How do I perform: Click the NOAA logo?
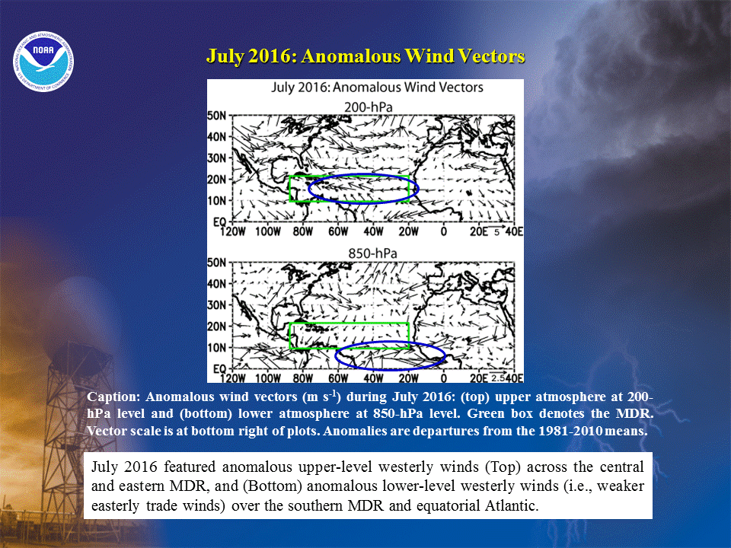click(x=43, y=62)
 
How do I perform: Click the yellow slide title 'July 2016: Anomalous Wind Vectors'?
click(x=365, y=56)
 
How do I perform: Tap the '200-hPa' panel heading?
click(x=369, y=107)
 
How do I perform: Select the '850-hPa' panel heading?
click(x=373, y=253)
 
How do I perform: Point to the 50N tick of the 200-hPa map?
click(x=217, y=116)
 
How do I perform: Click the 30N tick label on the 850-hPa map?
click(x=217, y=304)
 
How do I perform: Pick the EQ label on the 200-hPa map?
click(x=219, y=221)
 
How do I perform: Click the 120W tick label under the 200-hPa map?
click(x=232, y=231)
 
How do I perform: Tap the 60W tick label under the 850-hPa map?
click(x=338, y=378)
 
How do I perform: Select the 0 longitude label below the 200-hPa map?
click(x=443, y=231)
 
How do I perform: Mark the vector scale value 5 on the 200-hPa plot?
click(x=496, y=232)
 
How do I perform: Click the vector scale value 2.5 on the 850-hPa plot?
click(x=498, y=378)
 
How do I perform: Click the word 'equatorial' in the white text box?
click(x=447, y=506)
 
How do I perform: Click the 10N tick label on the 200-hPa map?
click(x=217, y=201)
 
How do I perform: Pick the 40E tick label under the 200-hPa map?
click(x=514, y=231)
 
